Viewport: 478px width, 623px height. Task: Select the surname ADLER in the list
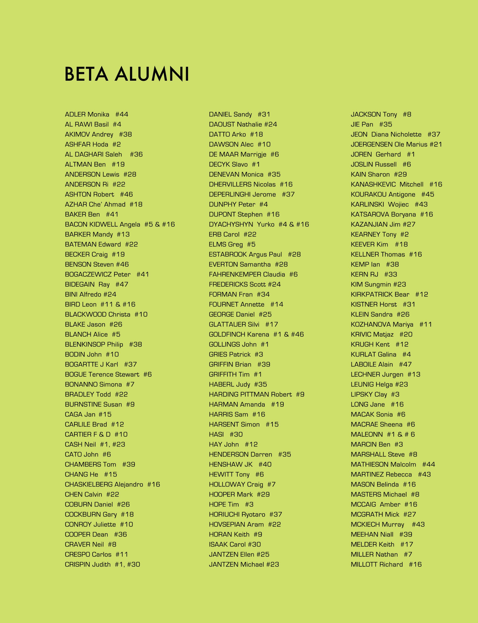coord(75,114)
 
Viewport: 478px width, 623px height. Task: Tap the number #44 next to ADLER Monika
coord(122,114)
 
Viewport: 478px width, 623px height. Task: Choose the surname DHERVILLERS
coord(230,184)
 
